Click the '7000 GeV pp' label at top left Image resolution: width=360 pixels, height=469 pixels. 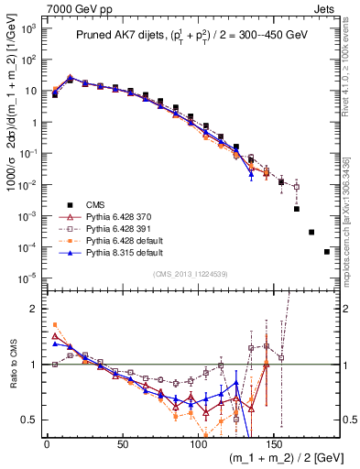[34, 7]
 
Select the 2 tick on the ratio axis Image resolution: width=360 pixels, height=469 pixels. [32, 309]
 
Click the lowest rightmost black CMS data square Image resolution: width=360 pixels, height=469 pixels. [327, 252]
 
